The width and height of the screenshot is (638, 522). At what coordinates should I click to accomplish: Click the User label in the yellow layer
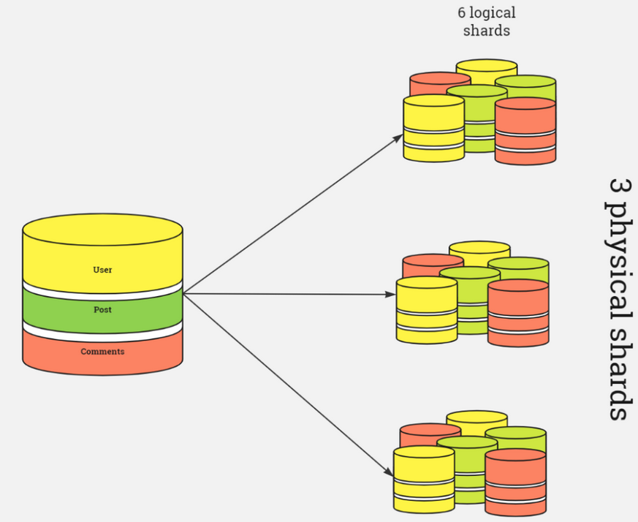tap(102, 270)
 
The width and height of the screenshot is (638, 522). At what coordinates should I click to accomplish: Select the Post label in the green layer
tap(102, 310)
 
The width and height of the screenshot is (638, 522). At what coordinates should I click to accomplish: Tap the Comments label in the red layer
tap(102, 352)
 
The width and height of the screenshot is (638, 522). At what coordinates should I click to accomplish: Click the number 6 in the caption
tap(462, 13)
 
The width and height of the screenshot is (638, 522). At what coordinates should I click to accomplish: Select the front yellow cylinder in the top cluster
tap(433, 129)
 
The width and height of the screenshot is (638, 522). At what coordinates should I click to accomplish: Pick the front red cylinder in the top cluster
tap(525, 132)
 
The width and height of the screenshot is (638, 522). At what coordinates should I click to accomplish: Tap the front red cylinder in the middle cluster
tap(518, 314)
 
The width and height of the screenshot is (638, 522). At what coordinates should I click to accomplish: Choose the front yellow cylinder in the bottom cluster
tap(424, 480)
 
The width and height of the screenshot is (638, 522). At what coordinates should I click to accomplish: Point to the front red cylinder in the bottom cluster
tap(515, 483)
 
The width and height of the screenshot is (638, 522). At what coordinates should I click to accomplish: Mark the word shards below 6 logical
tap(486, 31)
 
